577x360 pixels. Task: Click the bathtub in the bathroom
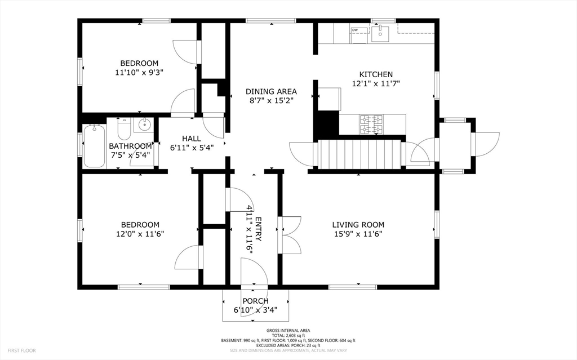(x=95, y=146)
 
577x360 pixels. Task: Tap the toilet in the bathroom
(x=124, y=128)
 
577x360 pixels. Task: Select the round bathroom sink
(x=144, y=125)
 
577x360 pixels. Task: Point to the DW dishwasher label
(x=355, y=30)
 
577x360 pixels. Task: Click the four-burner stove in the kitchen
(x=371, y=125)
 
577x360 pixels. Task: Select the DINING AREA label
(x=271, y=92)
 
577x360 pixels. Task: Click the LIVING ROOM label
(x=358, y=225)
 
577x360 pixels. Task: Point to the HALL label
(x=192, y=139)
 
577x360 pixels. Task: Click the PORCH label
(x=255, y=301)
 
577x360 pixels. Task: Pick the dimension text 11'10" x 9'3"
(x=139, y=73)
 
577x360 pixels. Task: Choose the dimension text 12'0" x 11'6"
(x=140, y=234)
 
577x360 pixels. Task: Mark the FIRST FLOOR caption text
(x=22, y=351)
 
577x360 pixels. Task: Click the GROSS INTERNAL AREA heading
(x=288, y=331)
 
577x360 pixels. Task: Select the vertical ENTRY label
(x=258, y=229)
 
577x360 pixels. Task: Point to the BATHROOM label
(x=130, y=146)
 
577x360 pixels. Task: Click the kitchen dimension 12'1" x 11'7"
(x=376, y=83)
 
